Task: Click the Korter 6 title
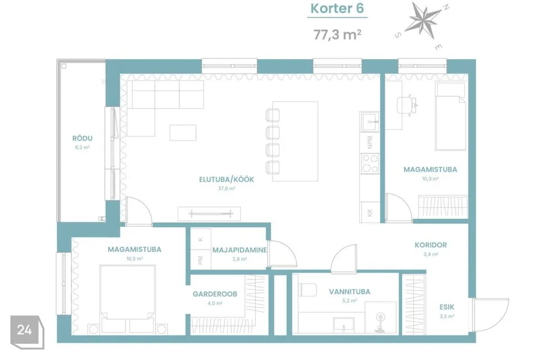[x=337, y=8]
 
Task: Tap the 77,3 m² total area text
[x=337, y=34]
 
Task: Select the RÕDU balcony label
[x=82, y=138]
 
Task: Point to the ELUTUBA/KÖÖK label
[x=227, y=179]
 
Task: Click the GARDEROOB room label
[x=215, y=294]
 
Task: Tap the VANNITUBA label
[x=349, y=292]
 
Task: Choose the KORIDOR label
[x=431, y=245]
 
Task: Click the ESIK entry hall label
[x=447, y=307]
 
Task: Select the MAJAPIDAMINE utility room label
[x=240, y=250]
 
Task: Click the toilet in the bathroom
[x=307, y=289]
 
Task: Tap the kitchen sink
[x=370, y=121]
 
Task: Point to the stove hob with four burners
[x=370, y=164]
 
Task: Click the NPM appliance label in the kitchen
[x=370, y=142]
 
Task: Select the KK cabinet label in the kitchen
[x=370, y=213]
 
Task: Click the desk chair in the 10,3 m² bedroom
[x=407, y=105]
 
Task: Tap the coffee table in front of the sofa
[x=183, y=133]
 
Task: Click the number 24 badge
[x=25, y=330]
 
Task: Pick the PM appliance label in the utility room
[x=200, y=260]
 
